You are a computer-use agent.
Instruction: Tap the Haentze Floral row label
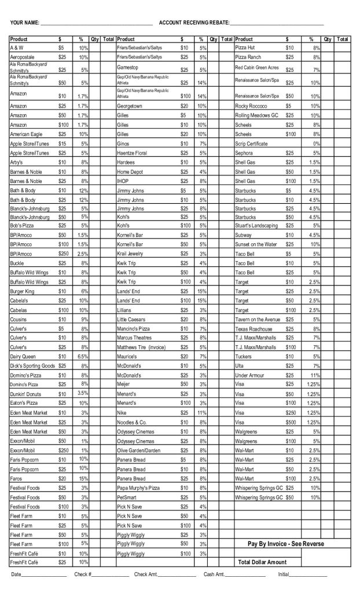[x=132, y=153]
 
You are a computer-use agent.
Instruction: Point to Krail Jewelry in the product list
[x=130, y=254]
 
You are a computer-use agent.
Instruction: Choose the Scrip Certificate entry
[x=252, y=143]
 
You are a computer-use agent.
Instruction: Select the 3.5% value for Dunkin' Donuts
[x=83, y=393]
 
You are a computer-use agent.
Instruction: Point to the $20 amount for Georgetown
[x=185, y=107]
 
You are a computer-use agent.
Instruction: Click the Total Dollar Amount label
[x=262, y=562]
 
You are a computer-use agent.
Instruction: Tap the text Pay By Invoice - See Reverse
[x=286, y=544]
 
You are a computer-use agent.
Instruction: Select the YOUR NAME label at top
[x=25, y=23]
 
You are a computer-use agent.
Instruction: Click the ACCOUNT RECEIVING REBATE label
[x=193, y=23]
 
